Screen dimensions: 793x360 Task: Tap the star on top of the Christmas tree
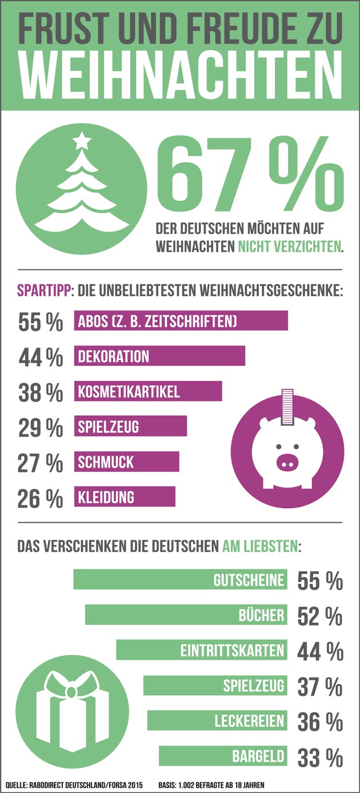click(x=83, y=139)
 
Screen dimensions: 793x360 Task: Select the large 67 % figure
click(x=246, y=172)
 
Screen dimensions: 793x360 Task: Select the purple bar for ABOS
click(x=181, y=321)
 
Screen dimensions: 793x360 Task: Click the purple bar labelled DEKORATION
click(x=159, y=356)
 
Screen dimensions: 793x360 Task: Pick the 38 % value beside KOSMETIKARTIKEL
click(x=41, y=392)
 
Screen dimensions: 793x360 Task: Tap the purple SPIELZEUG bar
click(x=130, y=427)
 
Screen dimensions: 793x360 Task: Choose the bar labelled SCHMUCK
click(x=126, y=461)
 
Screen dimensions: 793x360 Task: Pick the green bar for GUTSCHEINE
click(x=179, y=580)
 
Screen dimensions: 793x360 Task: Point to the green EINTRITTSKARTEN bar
click(x=201, y=650)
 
